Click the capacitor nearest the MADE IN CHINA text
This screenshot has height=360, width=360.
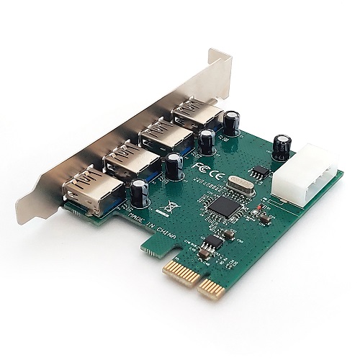tap(140, 192)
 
